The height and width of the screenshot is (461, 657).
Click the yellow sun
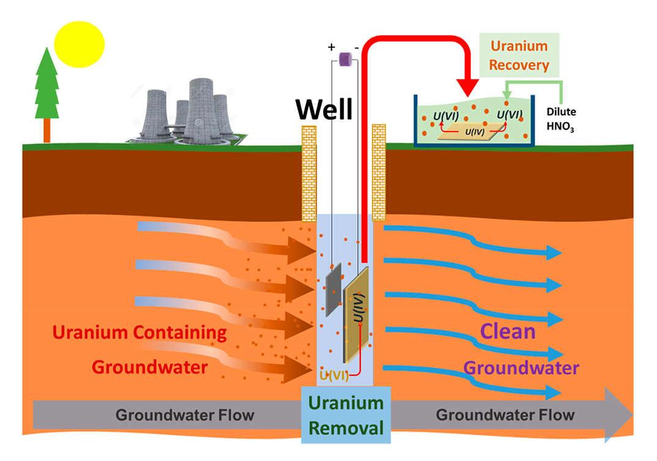click(80, 42)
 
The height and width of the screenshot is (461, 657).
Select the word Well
click(324, 110)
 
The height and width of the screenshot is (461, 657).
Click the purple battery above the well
click(345, 59)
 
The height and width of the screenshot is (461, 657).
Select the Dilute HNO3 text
click(560, 120)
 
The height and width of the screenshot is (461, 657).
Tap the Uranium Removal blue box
click(346, 414)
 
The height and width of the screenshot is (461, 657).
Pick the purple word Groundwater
click(521, 368)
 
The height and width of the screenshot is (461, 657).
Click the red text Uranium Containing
click(139, 333)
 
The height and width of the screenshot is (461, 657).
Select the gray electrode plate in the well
click(333, 290)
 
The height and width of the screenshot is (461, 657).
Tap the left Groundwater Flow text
click(185, 416)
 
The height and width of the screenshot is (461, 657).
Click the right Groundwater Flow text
click(505, 415)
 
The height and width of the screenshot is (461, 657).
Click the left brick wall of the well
click(310, 173)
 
